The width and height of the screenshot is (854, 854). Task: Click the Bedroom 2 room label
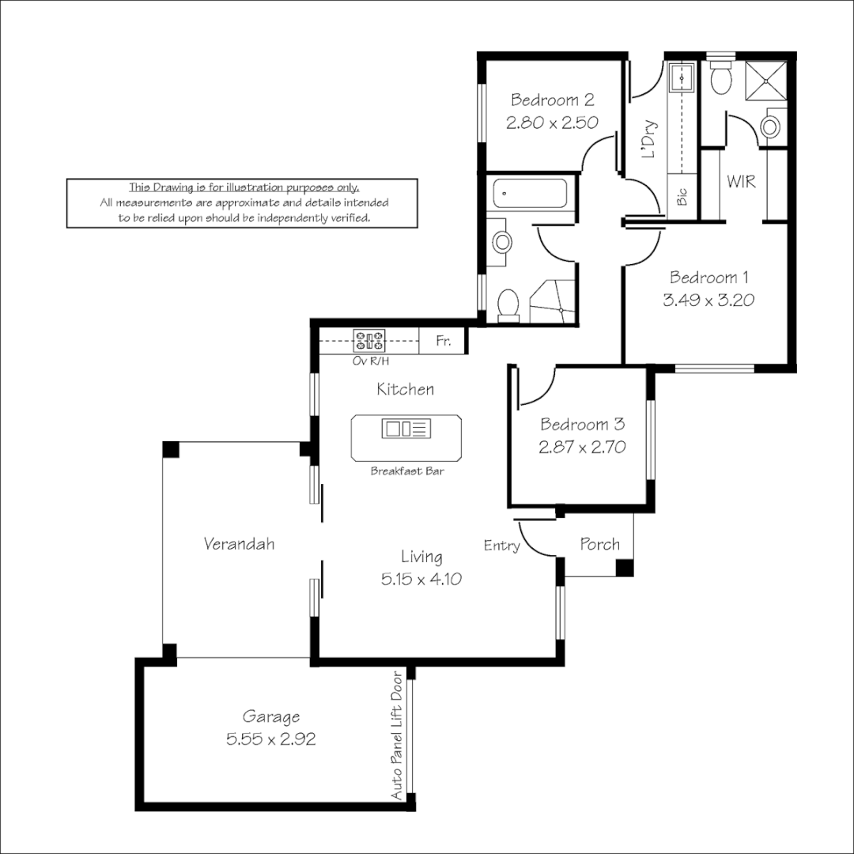coord(552,100)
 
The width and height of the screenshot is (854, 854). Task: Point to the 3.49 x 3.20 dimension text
coord(710,300)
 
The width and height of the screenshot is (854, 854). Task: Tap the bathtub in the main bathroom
coord(529,193)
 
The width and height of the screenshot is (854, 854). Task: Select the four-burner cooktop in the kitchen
coord(368,341)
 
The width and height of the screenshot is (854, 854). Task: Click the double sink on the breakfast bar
coord(406,429)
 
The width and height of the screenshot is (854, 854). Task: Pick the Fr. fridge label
coord(444,342)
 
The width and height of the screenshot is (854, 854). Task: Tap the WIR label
coord(741,182)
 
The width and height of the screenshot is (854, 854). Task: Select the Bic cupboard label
coord(682,197)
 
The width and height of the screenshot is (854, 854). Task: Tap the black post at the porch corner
coord(625,567)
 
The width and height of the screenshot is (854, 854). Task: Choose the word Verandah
coord(239,544)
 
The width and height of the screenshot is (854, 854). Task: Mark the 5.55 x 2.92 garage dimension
coord(271,739)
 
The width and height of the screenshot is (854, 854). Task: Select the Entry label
coord(501,546)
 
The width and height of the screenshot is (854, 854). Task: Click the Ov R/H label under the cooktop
coord(370,361)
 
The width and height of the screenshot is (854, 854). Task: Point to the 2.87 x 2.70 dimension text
coord(582,447)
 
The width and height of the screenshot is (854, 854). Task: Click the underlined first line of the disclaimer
coord(244,188)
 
